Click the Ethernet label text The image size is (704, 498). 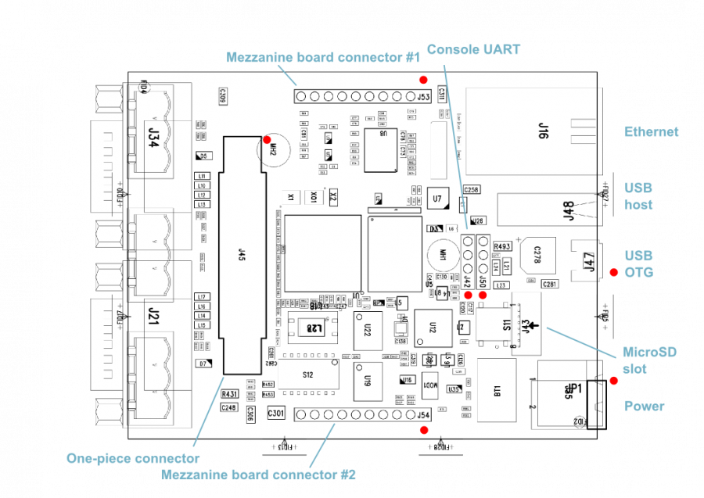point(651,132)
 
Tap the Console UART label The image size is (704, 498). point(473,49)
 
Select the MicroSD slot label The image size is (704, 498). point(648,360)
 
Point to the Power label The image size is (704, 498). point(644,406)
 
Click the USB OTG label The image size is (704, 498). point(638,263)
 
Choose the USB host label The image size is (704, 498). point(638,196)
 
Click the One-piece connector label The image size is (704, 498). point(132,458)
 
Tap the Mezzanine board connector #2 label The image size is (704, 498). point(258,474)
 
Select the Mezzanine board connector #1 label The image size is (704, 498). point(323,56)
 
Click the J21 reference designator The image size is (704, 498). point(153,316)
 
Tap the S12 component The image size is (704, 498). point(307,375)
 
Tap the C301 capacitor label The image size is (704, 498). point(277,412)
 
